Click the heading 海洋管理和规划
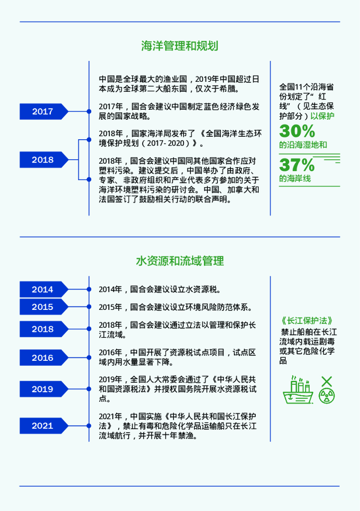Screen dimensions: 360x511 pos(180,46)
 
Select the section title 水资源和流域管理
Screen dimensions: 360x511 pos(180,260)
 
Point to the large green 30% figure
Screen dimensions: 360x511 pos(297,131)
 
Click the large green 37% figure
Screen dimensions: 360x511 pos(297,165)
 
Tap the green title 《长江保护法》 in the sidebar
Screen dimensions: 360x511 pos(306,321)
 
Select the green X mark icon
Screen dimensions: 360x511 pos(327,382)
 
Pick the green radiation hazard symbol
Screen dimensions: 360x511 pos(327,396)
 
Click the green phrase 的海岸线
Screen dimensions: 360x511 pos(295,179)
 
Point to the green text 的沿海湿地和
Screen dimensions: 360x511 pos(303,145)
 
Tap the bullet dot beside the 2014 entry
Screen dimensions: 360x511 pos(89,289)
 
